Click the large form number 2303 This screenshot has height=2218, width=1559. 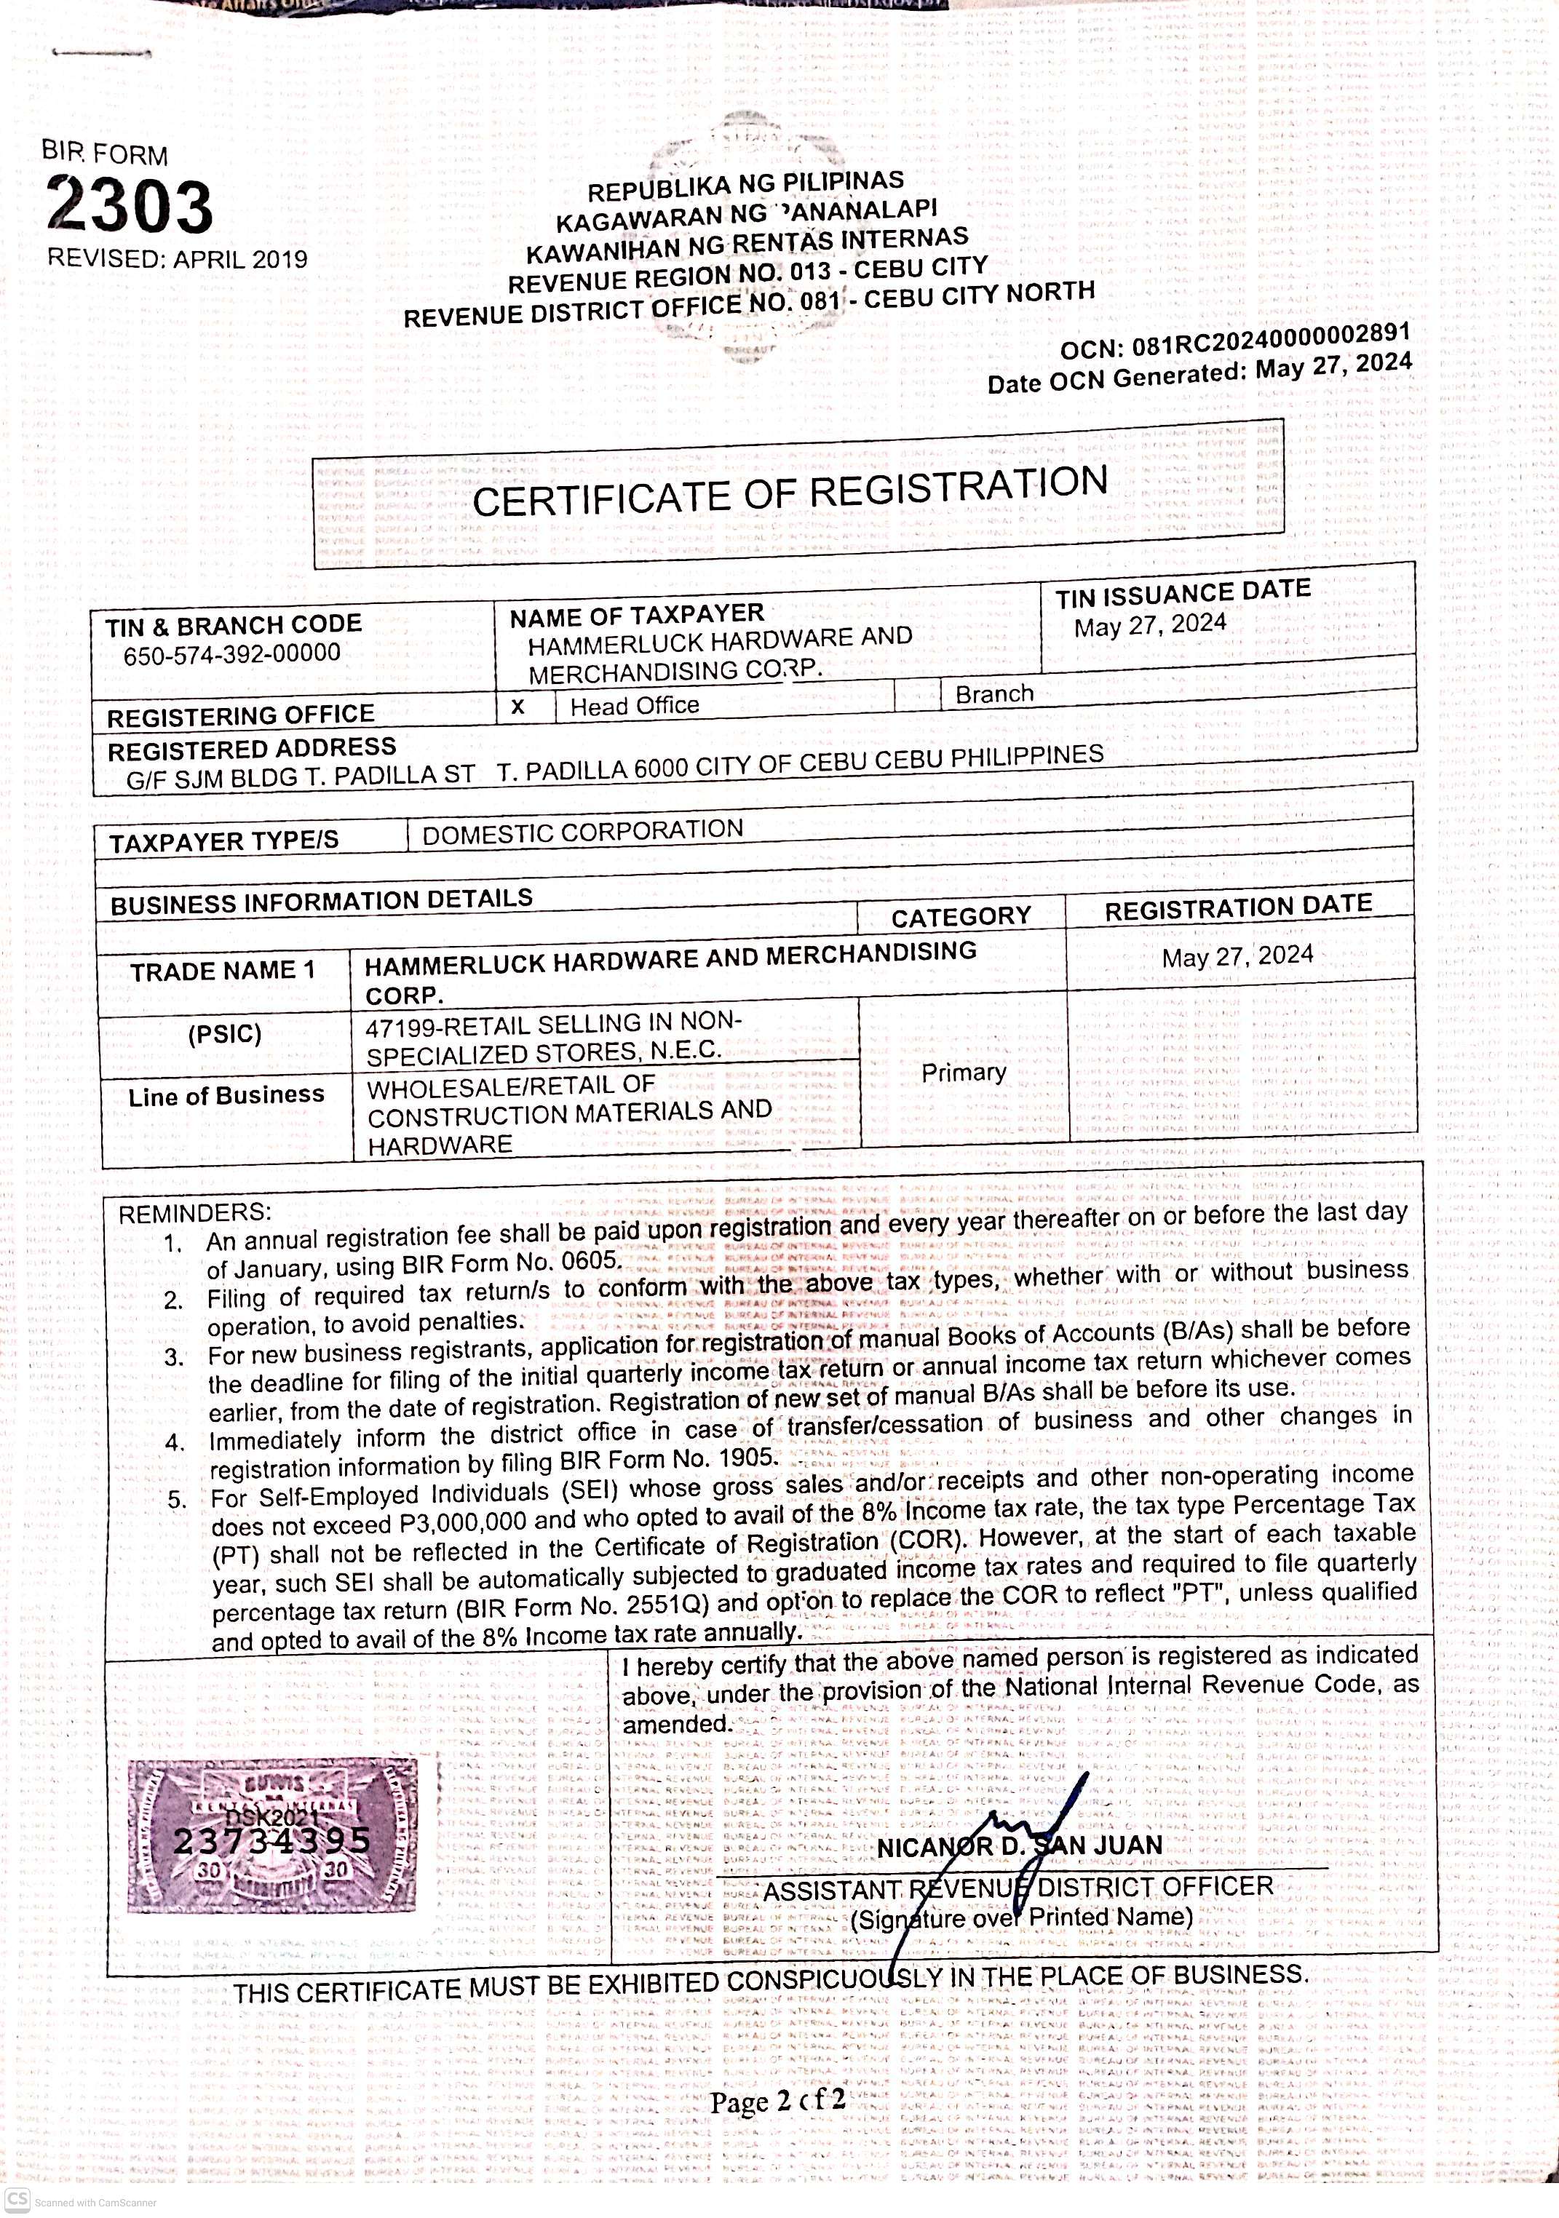pos(130,206)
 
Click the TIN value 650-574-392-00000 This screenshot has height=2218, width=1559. pos(232,654)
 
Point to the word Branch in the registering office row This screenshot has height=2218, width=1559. pos(994,693)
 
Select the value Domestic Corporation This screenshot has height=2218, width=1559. pos(582,832)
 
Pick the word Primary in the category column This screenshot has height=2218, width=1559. pos(963,1073)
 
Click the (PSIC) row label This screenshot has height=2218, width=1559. pos(225,1035)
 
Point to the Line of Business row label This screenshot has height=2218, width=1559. pos(226,1095)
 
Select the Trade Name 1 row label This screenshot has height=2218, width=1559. pos(223,971)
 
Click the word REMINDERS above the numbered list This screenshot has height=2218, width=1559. pos(195,1213)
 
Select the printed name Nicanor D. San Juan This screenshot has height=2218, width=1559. pos(1019,1846)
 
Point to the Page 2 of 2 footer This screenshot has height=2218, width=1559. pos(777,2101)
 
